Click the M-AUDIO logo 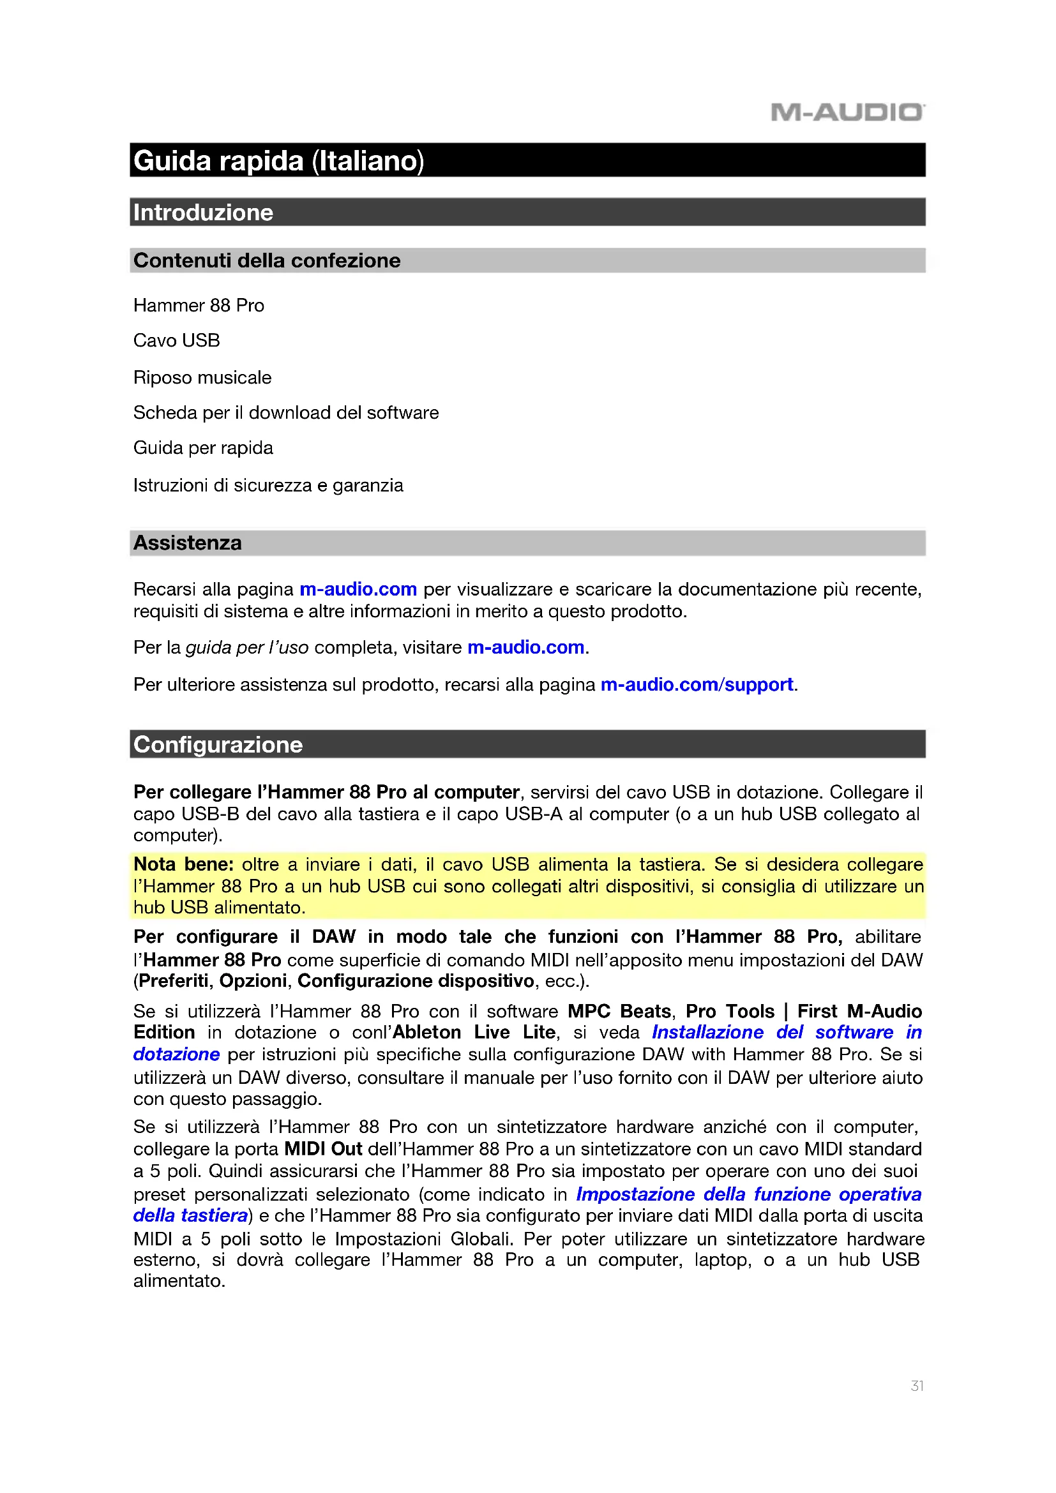[x=847, y=112]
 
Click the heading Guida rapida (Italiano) [x=278, y=161]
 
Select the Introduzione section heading [x=203, y=213]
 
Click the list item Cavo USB [x=176, y=340]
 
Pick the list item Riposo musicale [x=202, y=377]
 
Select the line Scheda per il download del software [x=285, y=412]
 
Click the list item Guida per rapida [x=203, y=447]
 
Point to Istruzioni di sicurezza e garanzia [x=268, y=485]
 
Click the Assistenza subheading [x=187, y=543]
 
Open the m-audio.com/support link [x=697, y=684]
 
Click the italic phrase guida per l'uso [x=247, y=647]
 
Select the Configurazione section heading [x=218, y=744]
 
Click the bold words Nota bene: [x=183, y=864]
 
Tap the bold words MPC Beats [x=619, y=1011]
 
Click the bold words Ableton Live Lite [x=474, y=1032]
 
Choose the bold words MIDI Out [x=323, y=1148]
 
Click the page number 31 [x=917, y=1386]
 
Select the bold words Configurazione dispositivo [x=416, y=980]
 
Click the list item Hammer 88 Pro [x=199, y=305]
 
